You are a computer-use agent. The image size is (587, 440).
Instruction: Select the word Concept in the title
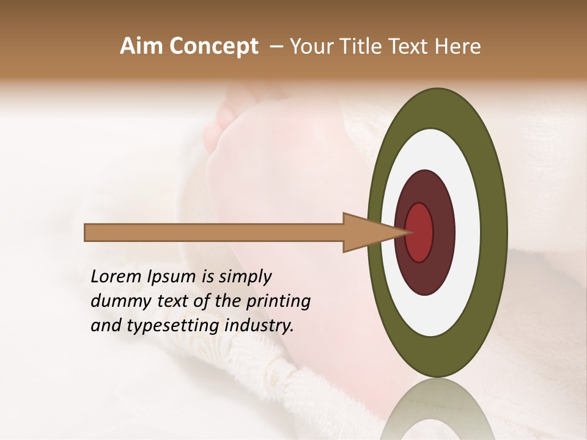point(213,46)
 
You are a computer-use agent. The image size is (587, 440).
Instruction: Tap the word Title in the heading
point(364,46)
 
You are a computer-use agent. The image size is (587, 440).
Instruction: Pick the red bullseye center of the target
point(419,232)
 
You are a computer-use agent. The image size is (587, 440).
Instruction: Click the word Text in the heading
point(413,46)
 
